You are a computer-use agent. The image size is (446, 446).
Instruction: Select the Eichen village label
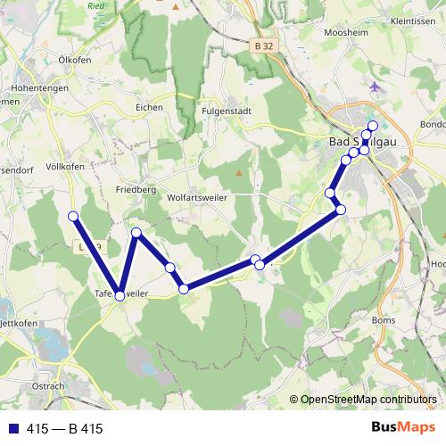[149, 107]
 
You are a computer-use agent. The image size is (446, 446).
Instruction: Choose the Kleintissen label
[412, 20]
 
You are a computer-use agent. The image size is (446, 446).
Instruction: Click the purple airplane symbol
[375, 88]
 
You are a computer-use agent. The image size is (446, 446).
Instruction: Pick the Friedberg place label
[136, 189]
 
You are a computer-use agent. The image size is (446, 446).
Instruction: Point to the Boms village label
[383, 319]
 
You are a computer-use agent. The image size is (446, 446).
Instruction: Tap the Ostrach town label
[48, 386]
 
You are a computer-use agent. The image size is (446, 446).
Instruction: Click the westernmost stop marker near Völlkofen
[73, 217]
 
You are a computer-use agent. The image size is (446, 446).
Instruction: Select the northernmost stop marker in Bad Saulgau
[373, 125]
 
